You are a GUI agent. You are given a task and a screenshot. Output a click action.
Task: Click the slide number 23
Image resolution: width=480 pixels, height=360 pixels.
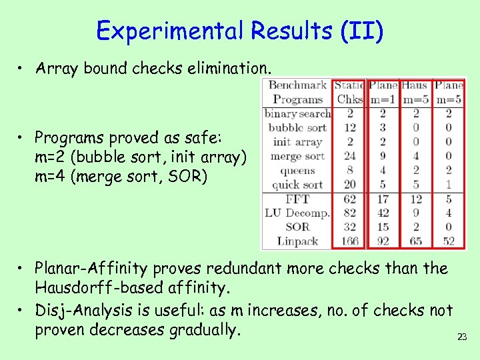[461, 337]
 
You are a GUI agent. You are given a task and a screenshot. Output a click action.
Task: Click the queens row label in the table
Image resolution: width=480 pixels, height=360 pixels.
[297, 170]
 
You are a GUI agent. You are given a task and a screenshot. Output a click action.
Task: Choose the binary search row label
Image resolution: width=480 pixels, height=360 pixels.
[297, 113]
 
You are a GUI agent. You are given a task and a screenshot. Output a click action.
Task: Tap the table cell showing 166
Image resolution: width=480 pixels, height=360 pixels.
[348, 241]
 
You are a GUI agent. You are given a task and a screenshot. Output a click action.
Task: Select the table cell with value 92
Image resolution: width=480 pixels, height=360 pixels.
[382, 241]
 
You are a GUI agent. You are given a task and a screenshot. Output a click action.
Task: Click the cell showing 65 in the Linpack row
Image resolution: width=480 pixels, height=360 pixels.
[415, 241]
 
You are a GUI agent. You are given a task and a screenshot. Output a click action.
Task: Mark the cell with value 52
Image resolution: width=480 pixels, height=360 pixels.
[448, 241]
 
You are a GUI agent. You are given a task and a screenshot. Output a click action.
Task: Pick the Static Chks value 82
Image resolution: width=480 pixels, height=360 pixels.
[349, 213]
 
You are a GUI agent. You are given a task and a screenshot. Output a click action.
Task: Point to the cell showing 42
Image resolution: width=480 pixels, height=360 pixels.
[382, 213]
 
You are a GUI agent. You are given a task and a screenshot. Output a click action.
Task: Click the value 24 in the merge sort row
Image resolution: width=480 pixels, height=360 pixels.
[349, 156]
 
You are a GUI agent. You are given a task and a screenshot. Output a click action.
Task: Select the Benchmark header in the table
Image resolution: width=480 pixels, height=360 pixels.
[297, 85]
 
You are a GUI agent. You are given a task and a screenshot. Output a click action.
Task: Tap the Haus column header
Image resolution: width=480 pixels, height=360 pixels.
[415, 85]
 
